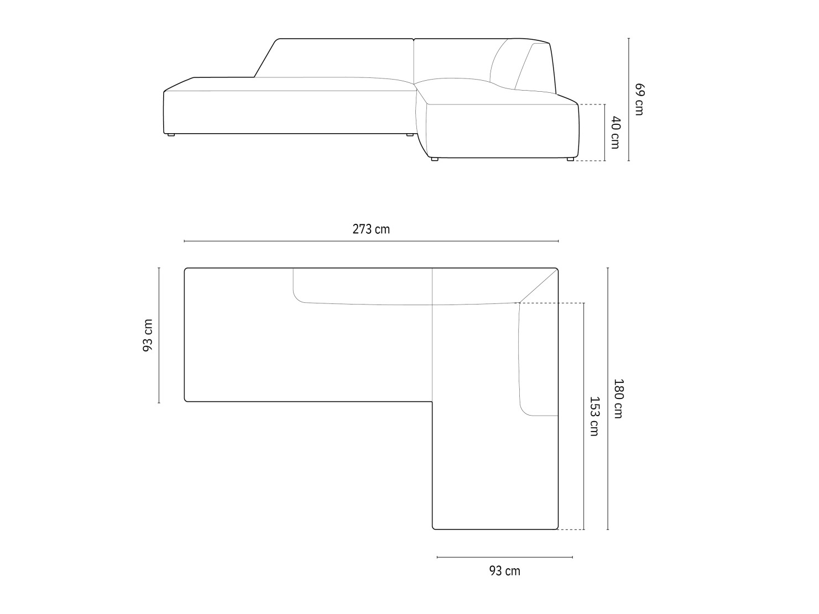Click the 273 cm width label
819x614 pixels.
pyautogui.click(x=371, y=229)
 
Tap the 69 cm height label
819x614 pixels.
pyautogui.click(x=639, y=99)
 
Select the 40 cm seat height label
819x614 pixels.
pyautogui.click(x=615, y=132)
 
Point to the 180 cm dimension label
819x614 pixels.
pyautogui.click(x=618, y=398)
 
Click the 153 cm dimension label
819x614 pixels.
pyautogui.click(x=594, y=416)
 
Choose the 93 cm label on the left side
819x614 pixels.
pyautogui.click(x=148, y=335)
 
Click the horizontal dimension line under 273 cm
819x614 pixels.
pyautogui.click(x=371, y=241)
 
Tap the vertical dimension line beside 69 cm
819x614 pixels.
pyautogui.click(x=629, y=99)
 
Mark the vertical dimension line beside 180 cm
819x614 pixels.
pyautogui.click(x=608, y=398)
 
